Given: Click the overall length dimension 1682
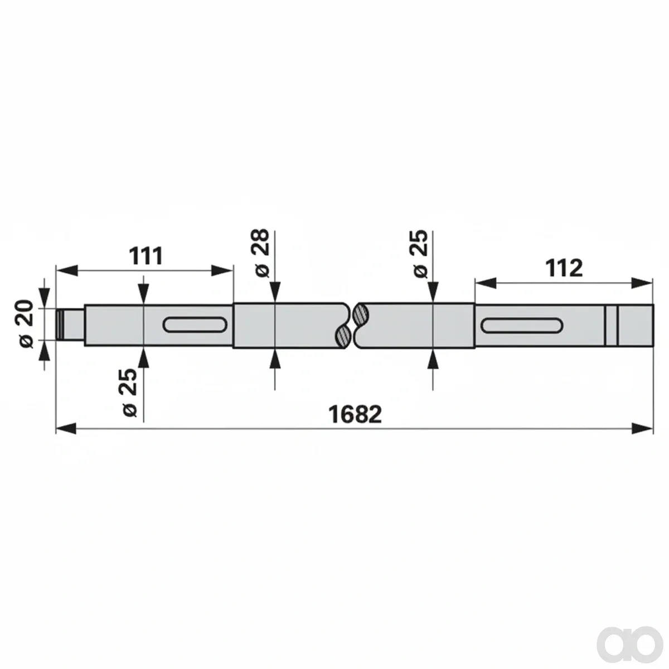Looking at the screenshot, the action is coord(355,414).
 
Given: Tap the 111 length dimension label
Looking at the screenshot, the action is coord(146,256).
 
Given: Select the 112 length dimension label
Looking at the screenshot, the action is coord(564,268).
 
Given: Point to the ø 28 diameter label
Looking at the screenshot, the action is coord(262,253).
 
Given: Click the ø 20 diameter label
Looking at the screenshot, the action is coord(27,323).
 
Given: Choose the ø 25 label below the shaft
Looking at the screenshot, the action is coord(130,392).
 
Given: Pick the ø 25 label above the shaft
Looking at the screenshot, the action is coord(420,254).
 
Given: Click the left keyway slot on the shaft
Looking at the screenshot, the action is coord(195,324).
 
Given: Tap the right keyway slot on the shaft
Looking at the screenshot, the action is coord(522,326).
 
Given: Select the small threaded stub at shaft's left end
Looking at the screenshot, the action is coord(70,325).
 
